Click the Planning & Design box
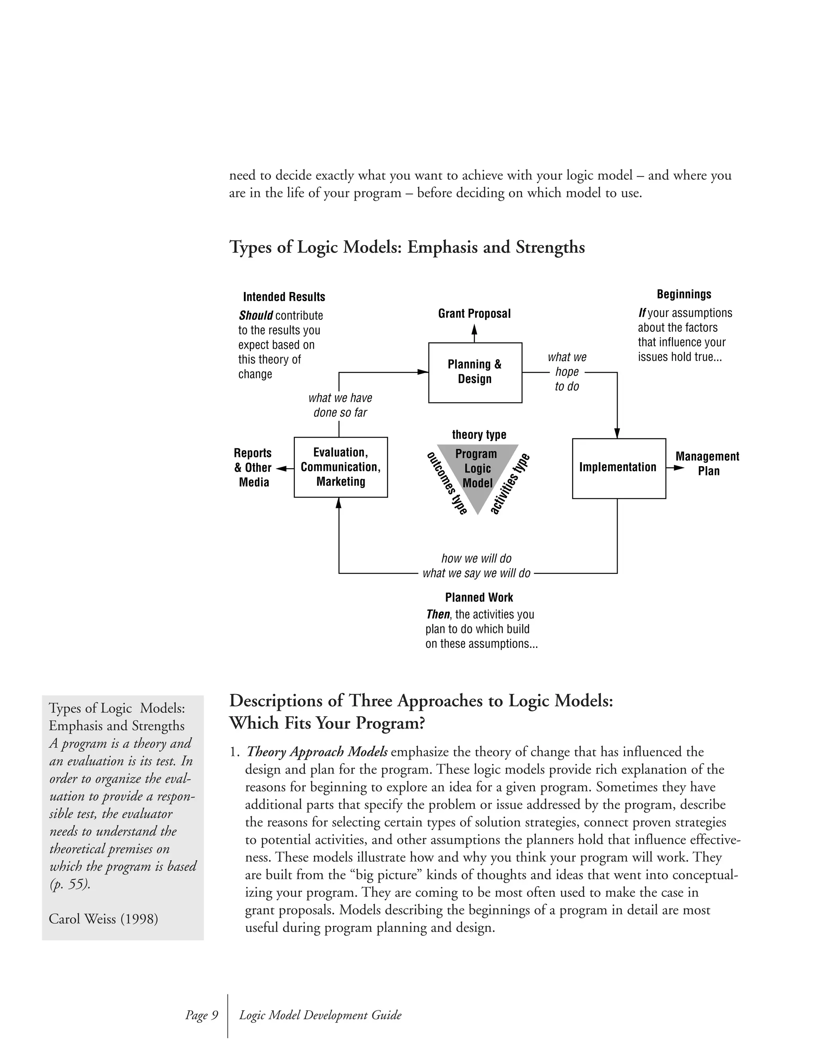[475, 372]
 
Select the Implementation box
[618, 468]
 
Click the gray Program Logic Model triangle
[477, 475]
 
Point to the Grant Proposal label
[474, 314]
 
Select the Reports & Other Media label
[253, 467]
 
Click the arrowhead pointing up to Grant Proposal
[474, 330]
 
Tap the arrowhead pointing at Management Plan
[679, 468]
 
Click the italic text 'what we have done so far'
[340, 405]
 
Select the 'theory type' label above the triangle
[479, 434]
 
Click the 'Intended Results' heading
[284, 297]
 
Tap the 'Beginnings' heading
[684, 294]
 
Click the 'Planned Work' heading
[479, 597]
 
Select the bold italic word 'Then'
[438, 615]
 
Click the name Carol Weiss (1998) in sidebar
[103, 918]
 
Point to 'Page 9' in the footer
[202, 1015]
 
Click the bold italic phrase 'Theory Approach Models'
[317, 751]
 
